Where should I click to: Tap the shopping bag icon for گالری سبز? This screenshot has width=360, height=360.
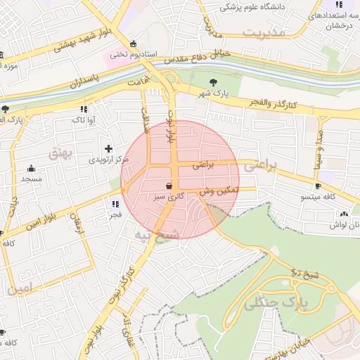pyautogui.click(x=169, y=186)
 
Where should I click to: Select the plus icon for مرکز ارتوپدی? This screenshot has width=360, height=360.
pyautogui.click(x=108, y=148)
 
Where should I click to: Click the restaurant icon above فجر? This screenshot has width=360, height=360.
pyautogui.click(x=115, y=204)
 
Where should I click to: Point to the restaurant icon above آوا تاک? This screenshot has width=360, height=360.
pyautogui.click(x=84, y=109)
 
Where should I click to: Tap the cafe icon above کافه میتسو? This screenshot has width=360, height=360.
pyautogui.click(x=319, y=186)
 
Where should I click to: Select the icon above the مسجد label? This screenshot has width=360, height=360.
pyautogui.click(x=31, y=168)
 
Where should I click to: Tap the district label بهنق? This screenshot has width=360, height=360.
pyautogui.click(x=61, y=153)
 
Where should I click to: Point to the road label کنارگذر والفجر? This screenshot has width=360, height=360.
pyautogui.click(x=273, y=103)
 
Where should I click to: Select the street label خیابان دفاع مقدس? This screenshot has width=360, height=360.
pyautogui.click(x=201, y=59)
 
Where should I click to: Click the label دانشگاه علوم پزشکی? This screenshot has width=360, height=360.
pyautogui.click(x=252, y=7)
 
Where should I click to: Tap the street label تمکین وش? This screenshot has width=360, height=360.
pyautogui.click(x=219, y=191)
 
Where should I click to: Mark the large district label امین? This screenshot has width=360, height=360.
pyautogui.click(x=20, y=288)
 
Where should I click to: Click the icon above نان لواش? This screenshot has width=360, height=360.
pyautogui.click(x=344, y=214)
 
